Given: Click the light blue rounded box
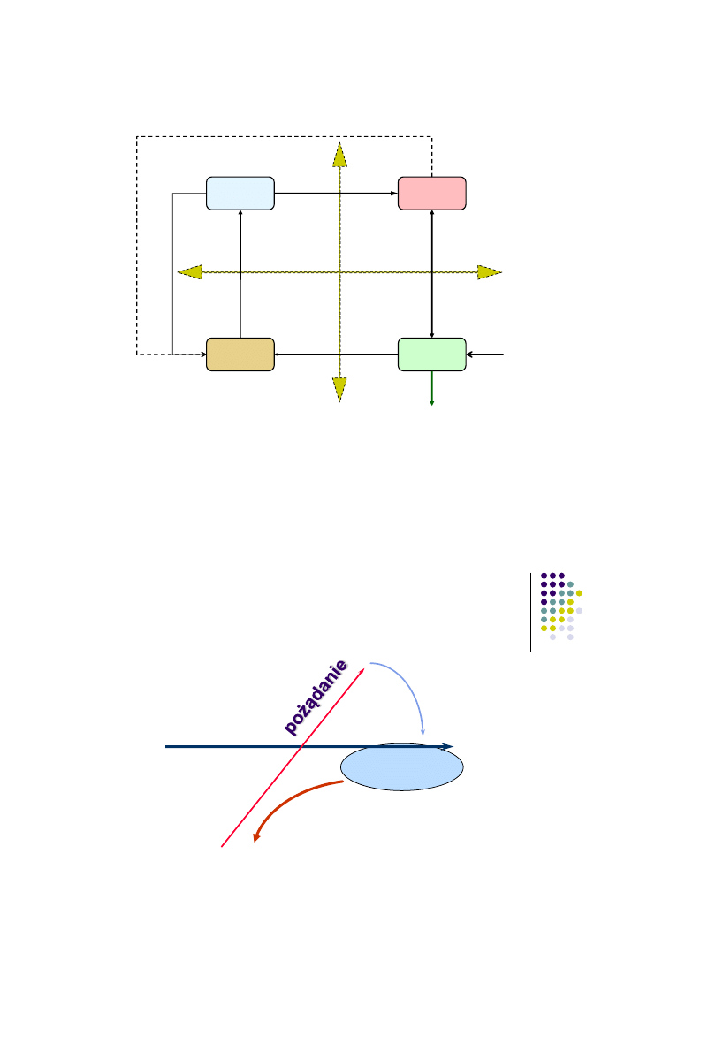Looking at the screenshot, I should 240,193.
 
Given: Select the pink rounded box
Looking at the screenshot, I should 431,193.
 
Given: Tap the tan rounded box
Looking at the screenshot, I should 240,354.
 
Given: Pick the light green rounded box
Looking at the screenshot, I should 431,354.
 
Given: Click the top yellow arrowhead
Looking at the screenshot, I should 339,155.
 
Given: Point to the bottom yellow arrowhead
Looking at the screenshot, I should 339,389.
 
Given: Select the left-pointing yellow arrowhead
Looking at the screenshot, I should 189,271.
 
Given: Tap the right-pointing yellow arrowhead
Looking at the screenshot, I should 489,271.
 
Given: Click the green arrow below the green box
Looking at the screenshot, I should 431,389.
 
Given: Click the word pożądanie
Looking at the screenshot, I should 316,697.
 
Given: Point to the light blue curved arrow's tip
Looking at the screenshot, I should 424,733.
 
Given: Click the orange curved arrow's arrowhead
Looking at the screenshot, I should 257,836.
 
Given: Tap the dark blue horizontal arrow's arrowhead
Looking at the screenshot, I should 449,747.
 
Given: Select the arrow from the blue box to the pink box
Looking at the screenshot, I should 336,193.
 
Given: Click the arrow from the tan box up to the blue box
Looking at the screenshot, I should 240,274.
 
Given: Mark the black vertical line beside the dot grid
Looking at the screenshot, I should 531,612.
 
